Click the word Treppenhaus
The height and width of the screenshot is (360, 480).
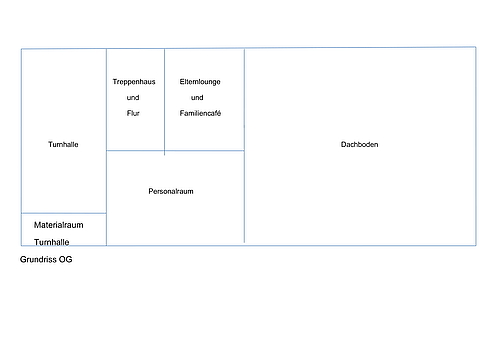point(134,82)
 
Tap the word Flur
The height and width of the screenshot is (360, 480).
point(133,113)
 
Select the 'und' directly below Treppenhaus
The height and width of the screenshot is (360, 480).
point(133,98)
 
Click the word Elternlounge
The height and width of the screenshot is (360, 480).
point(200,82)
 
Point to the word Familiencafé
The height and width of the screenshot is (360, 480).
point(200,113)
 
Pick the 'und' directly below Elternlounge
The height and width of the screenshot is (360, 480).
point(197,98)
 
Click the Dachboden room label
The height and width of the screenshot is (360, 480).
point(359,144)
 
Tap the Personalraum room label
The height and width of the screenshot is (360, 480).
point(171,191)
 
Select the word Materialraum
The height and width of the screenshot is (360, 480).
point(59,225)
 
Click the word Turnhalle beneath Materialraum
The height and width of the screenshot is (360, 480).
point(52,242)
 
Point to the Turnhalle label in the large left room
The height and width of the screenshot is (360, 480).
point(63,144)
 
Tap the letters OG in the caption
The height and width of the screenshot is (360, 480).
point(66,259)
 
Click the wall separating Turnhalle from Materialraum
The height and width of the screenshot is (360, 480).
point(64,213)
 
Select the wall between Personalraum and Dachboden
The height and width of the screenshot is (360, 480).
point(244,197)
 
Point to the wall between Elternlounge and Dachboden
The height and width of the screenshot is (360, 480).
point(244,100)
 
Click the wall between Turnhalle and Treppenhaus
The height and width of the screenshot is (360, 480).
point(107,100)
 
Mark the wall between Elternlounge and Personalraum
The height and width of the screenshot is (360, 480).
point(204,151)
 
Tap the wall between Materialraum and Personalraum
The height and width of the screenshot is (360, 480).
point(107,229)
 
